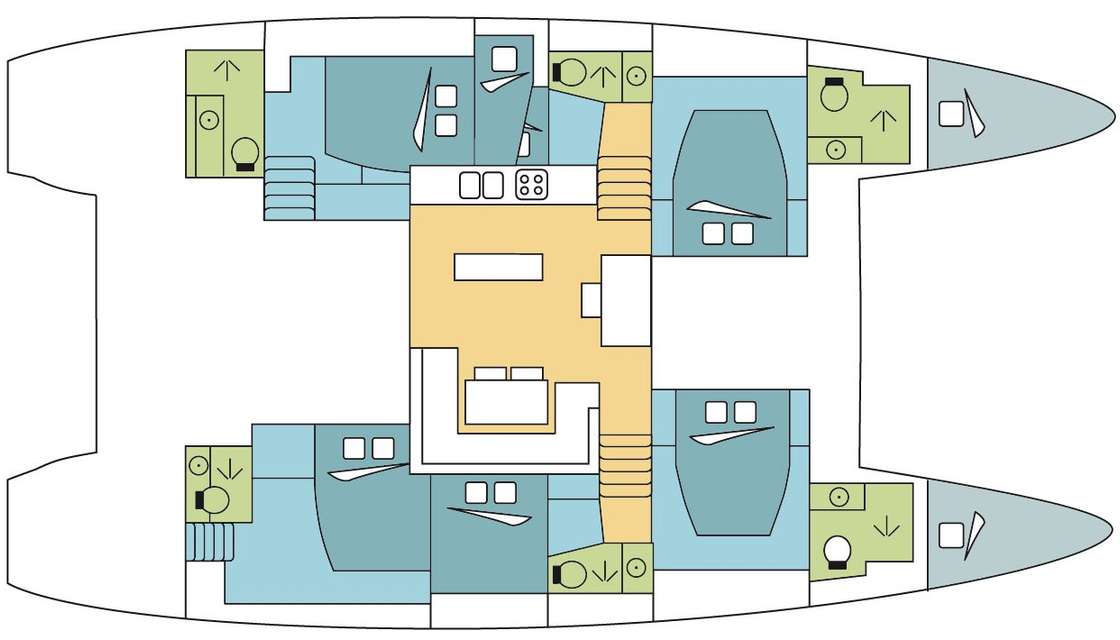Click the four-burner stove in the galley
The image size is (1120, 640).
(x=531, y=184)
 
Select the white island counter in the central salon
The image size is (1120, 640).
(x=498, y=266)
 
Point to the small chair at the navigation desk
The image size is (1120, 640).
(x=591, y=299)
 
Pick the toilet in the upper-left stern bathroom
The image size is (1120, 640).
(x=243, y=154)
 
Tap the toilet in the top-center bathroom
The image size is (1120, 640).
(x=571, y=72)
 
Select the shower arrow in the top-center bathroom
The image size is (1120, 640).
(x=603, y=72)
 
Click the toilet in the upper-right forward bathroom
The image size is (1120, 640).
(x=833, y=94)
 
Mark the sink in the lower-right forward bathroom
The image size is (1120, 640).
(x=837, y=497)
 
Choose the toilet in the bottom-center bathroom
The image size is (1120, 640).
(x=571, y=573)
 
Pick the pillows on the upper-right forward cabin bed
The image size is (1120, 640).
(x=727, y=232)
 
